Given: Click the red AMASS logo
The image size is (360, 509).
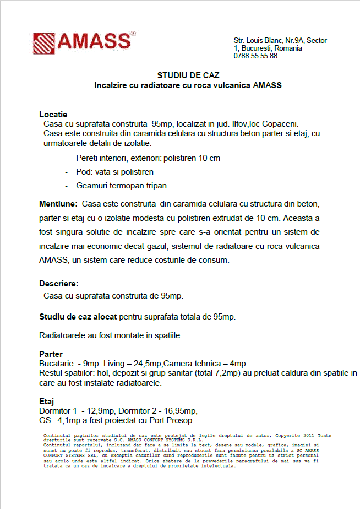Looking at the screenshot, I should tap(84, 43).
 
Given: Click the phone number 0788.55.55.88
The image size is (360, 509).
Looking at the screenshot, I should tap(255, 56).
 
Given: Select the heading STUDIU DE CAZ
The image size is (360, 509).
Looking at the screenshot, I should tap(188, 75).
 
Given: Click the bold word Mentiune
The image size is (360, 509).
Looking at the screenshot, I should tap(58, 204).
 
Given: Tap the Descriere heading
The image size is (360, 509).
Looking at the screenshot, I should tap(58, 284).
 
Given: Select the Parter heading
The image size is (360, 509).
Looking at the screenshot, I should tap(51, 354).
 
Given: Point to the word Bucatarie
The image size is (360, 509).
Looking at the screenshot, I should tap(56, 364).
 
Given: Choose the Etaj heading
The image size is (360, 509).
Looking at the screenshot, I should tap(46, 402).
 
